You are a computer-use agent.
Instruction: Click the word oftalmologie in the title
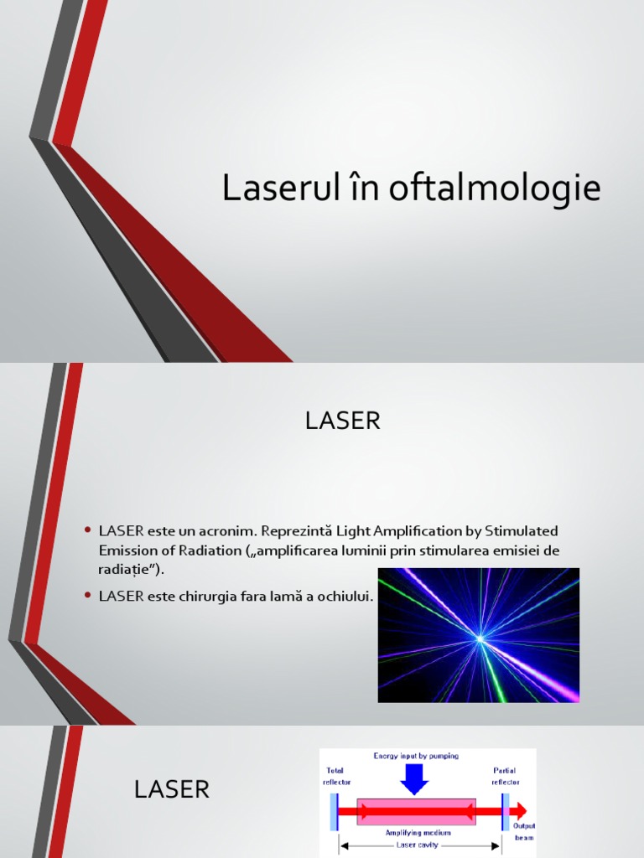(495, 190)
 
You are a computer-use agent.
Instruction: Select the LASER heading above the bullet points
(343, 421)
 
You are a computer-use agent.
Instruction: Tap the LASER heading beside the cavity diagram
(172, 788)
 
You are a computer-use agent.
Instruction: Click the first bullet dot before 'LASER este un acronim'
(87, 531)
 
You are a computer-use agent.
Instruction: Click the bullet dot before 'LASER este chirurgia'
(87, 594)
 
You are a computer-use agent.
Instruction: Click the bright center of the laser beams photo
(480, 638)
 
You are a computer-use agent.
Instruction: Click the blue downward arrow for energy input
(414, 778)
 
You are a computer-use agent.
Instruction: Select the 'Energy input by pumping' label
(416, 756)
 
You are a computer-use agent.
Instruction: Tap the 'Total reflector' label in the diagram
(336, 776)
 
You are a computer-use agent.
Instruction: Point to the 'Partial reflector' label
(505, 776)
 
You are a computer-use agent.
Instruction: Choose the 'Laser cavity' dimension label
(418, 846)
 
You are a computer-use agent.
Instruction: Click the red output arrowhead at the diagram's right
(521, 810)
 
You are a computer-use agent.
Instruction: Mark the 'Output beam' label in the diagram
(524, 831)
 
